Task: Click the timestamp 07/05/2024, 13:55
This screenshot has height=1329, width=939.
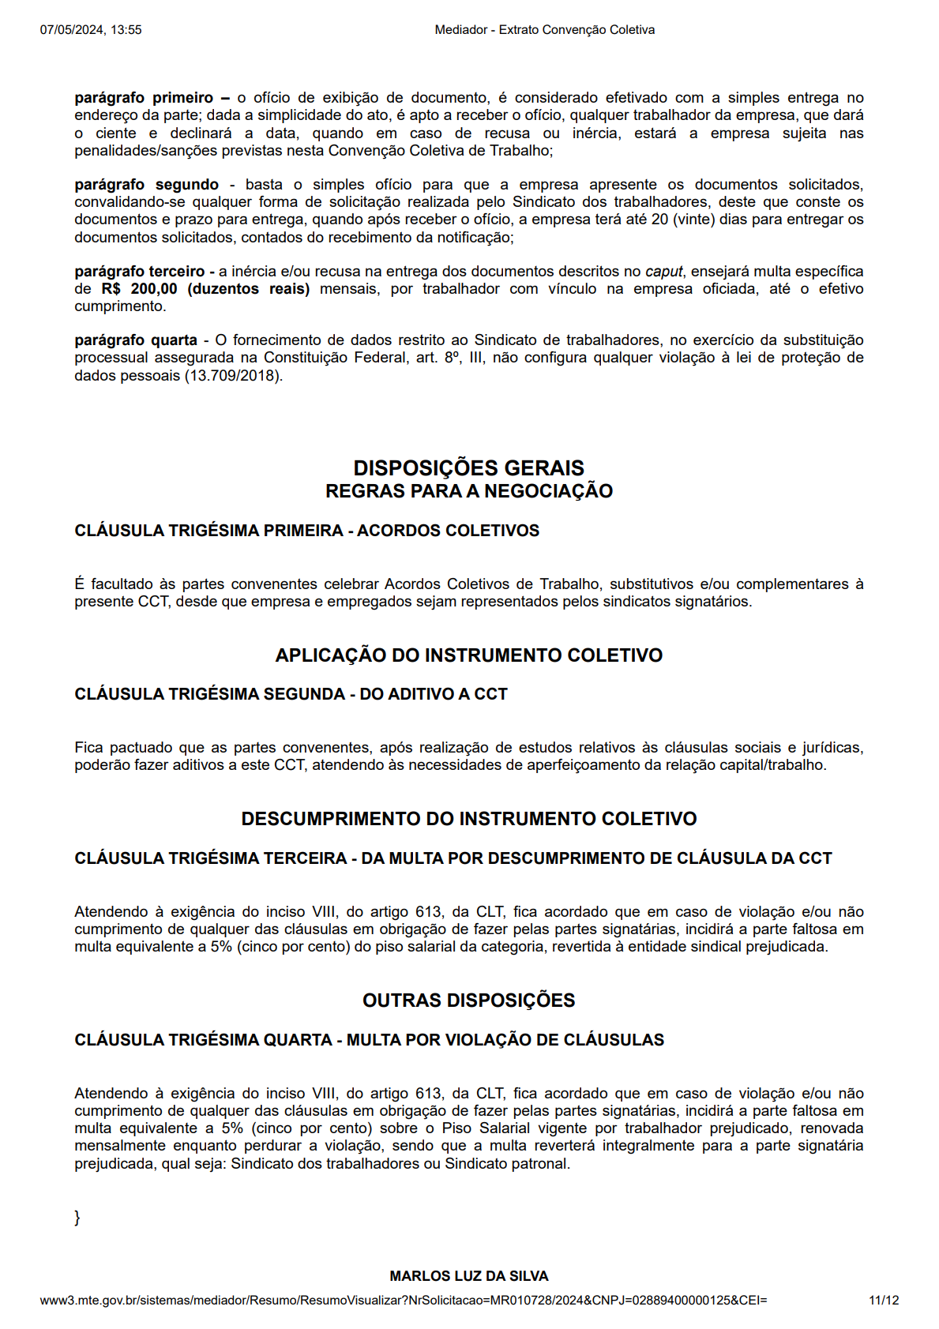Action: tap(91, 30)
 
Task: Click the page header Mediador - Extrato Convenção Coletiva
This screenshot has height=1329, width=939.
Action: tap(544, 30)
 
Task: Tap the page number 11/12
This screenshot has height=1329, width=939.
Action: tap(883, 1301)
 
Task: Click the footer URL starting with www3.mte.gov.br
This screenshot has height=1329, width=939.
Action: tap(404, 1301)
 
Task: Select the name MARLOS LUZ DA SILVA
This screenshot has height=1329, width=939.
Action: tap(469, 1276)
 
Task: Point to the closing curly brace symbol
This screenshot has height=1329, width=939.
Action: tap(77, 1218)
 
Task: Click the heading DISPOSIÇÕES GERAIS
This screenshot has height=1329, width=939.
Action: tap(469, 467)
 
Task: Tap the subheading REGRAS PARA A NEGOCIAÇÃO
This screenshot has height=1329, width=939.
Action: tap(469, 491)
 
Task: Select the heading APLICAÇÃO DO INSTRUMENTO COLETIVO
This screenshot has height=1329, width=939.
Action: tap(469, 655)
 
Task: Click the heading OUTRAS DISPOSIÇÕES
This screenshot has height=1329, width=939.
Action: tap(469, 1001)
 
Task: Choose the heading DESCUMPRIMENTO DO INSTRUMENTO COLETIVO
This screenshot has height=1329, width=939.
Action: tap(469, 819)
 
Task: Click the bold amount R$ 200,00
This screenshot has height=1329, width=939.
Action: tap(140, 289)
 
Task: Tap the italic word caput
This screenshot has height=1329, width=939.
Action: tap(663, 272)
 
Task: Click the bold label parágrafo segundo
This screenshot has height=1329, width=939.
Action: tap(147, 185)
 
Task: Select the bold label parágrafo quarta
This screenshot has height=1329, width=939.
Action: tap(136, 340)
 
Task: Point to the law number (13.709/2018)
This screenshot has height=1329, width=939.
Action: tap(234, 376)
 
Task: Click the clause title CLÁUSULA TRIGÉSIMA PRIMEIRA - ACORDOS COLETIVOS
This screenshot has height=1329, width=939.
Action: tap(307, 531)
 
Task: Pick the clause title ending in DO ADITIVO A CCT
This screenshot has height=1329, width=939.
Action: tap(291, 694)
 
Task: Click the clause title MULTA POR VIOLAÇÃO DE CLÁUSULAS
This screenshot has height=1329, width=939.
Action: tap(370, 1040)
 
